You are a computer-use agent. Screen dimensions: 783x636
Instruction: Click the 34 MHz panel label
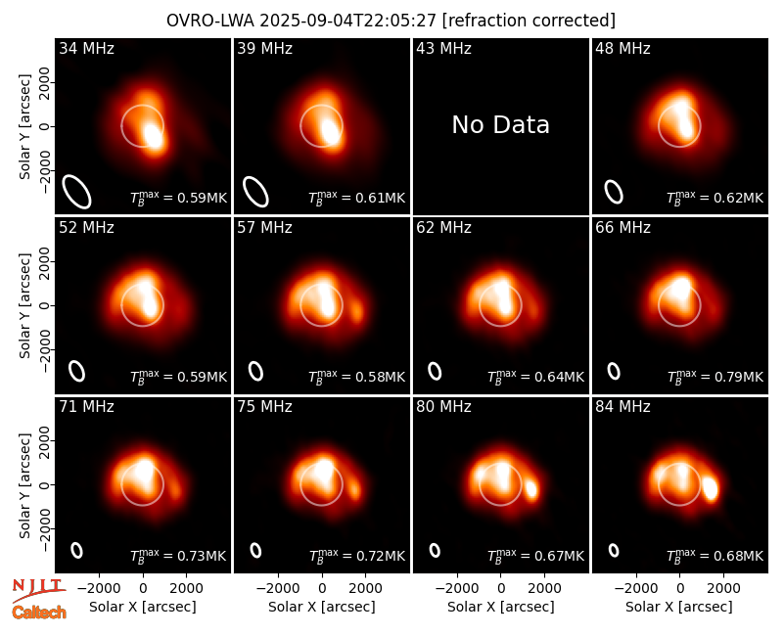pyautogui.click(x=86, y=48)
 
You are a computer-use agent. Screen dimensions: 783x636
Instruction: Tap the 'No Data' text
pyautogui.click(x=500, y=124)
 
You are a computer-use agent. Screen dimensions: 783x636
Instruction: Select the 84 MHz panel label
pyautogui.click(x=622, y=407)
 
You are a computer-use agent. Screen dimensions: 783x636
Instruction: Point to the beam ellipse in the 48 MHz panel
pyautogui.click(x=614, y=192)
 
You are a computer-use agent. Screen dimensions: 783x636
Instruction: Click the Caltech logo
pyautogui.click(x=39, y=613)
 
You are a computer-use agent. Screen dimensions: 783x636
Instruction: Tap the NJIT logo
pyautogui.click(x=38, y=589)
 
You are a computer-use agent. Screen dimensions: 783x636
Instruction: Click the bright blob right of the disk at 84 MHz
pyautogui.click(x=711, y=488)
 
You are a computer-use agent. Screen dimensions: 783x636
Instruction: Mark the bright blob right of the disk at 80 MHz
pyautogui.click(x=530, y=488)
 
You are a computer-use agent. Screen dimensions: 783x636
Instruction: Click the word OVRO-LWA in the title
pyautogui.click(x=210, y=21)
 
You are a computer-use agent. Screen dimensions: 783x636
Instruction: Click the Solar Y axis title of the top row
pyautogui.click(x=25, y=127)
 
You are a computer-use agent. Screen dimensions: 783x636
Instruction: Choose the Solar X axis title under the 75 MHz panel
pyautogui.click(x=322, y=607)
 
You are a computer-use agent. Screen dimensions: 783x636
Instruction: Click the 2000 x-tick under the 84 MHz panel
pyautogui.click(x=723, y=588)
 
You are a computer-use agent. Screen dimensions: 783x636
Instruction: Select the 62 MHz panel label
pyautogui.click(x=443, y=228)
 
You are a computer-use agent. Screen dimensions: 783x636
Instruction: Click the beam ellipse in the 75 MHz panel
pyautogui.click(x=255, y=550)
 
